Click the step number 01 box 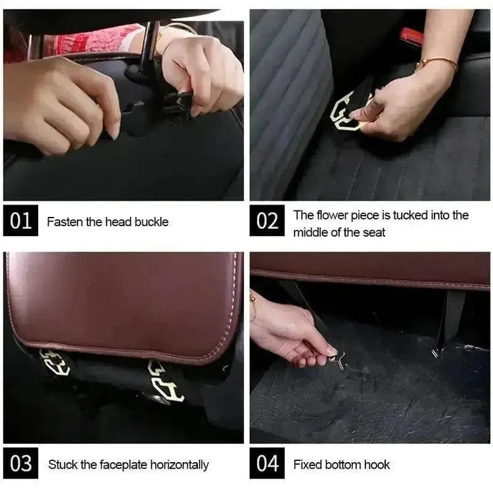tap(20, 221)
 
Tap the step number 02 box tap(267, 221)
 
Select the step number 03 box tap(20, 464)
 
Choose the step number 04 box tap(267, 464)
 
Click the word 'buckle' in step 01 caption tap(151, 222)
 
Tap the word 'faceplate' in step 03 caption tap(121, 465)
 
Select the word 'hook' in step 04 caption tap(377, 465)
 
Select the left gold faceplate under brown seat tap(55, 362)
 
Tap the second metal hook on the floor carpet tap(436, 352)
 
